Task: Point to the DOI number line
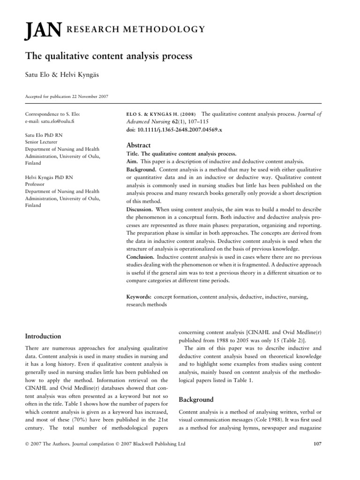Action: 169,129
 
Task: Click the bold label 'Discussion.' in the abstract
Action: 141,209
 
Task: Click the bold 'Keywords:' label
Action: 139,296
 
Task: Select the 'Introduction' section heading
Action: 43,336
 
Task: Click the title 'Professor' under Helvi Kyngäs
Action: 36,185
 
